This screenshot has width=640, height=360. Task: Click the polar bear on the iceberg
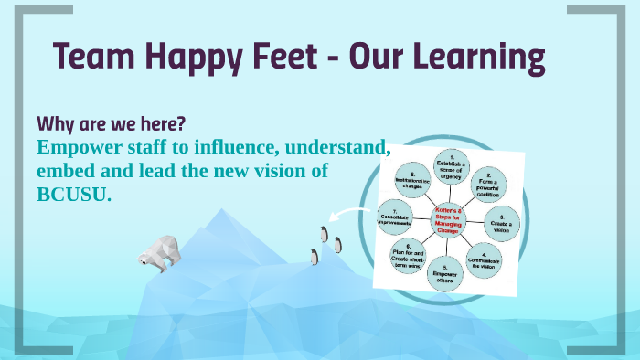point(161,251)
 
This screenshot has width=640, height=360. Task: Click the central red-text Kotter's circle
point(448,219)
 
